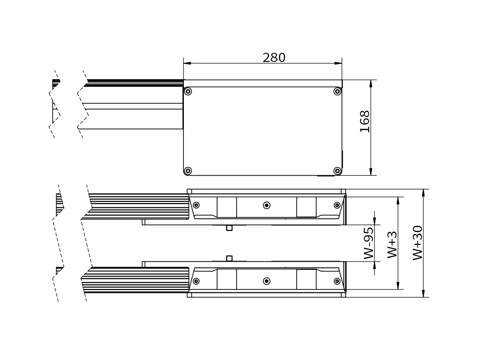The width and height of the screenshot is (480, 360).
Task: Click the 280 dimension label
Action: coord(274,58)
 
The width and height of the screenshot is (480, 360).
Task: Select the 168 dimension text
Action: coord(365,121)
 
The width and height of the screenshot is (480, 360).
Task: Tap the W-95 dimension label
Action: coord(369,243)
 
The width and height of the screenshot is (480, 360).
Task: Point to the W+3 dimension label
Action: coord(392,244)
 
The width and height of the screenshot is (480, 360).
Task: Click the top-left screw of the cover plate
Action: coord(188,91)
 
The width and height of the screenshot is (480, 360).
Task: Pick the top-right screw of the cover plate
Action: coord(337,91)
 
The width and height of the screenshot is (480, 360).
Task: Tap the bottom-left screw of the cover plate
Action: coord(188,170)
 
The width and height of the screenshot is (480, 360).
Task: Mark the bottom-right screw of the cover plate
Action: coord(337,170)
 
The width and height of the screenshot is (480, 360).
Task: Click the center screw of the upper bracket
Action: coord(266,205)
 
